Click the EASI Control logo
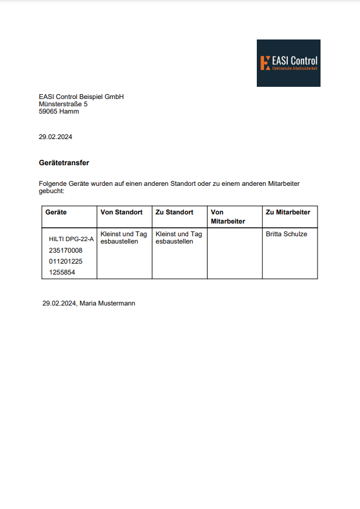(x=288, y=63)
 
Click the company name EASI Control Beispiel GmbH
(x=81, y=97)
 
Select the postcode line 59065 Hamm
(x=59, y=111)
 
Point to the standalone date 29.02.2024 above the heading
(x=55, y=137)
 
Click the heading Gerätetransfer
(x=64, y=163)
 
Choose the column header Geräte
(x=56, y=212)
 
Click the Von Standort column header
(x=121, y=212)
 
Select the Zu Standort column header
(x=174, y=212)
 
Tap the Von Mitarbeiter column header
(x=228, y=216)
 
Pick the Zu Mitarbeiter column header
(x=288, y=212)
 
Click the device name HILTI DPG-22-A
(x=71, y=239)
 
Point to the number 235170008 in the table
(x=66, y=250)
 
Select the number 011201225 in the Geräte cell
(x=66, y=261)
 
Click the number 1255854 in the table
(x=62, y=272)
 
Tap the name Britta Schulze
(x=287, y=234)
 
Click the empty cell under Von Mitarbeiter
(x=234, y=253)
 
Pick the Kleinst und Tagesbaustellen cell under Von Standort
(x=124, y=237)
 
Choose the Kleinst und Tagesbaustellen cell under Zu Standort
(x=179, y=237)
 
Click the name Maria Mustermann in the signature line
(x=107, y=302)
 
